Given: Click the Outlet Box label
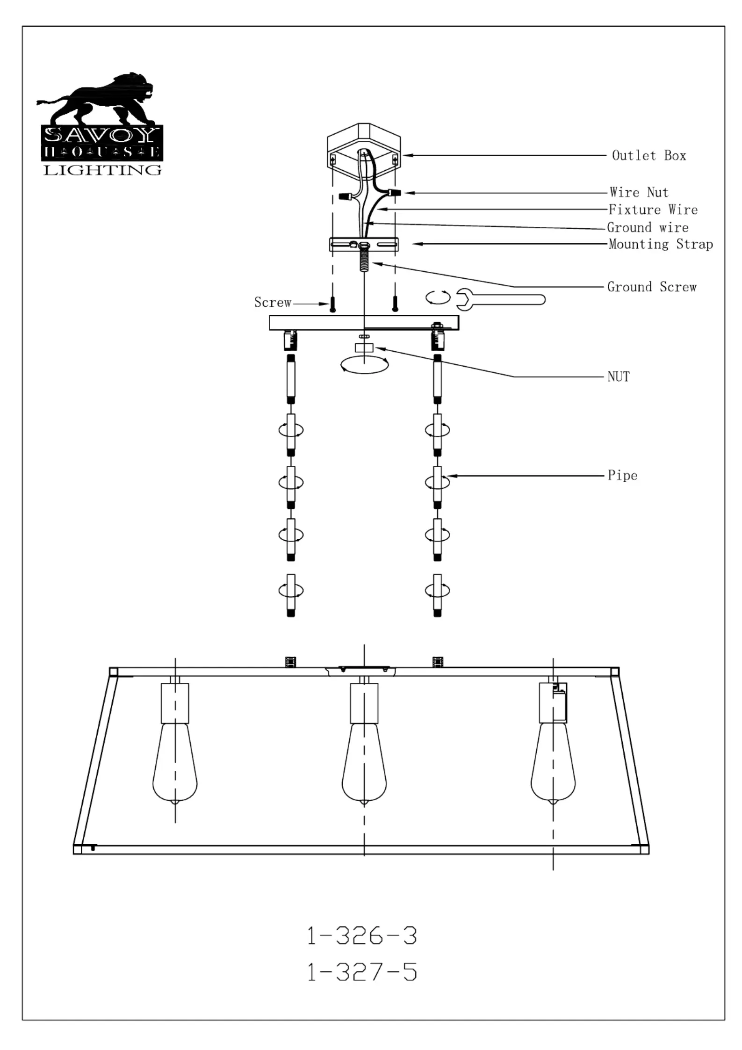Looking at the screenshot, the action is (648, 155).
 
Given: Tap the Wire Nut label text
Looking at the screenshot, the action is (639, 192).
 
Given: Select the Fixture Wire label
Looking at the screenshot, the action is (653, 210).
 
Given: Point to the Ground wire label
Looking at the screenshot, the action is (648, 228).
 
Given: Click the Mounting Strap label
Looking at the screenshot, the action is (660, 244).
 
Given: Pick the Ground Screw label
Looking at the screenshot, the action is (652, 287).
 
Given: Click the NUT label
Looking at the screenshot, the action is (618, 377).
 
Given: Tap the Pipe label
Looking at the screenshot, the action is (622, 476).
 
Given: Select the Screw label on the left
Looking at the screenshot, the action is (273, 303).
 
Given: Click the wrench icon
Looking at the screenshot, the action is (500, 299).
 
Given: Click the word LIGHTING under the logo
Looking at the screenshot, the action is (102, 170).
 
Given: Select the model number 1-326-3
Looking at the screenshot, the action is (361, 936).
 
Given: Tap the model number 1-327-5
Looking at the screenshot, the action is (361, 972).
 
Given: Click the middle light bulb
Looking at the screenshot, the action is (364, 762).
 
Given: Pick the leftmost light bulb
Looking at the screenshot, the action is (175, 762).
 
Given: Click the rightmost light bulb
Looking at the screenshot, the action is (553, 762).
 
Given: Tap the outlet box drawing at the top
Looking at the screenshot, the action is (364, 150).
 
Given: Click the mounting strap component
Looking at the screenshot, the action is (364, 244).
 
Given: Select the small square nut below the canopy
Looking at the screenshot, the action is (364, 348).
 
